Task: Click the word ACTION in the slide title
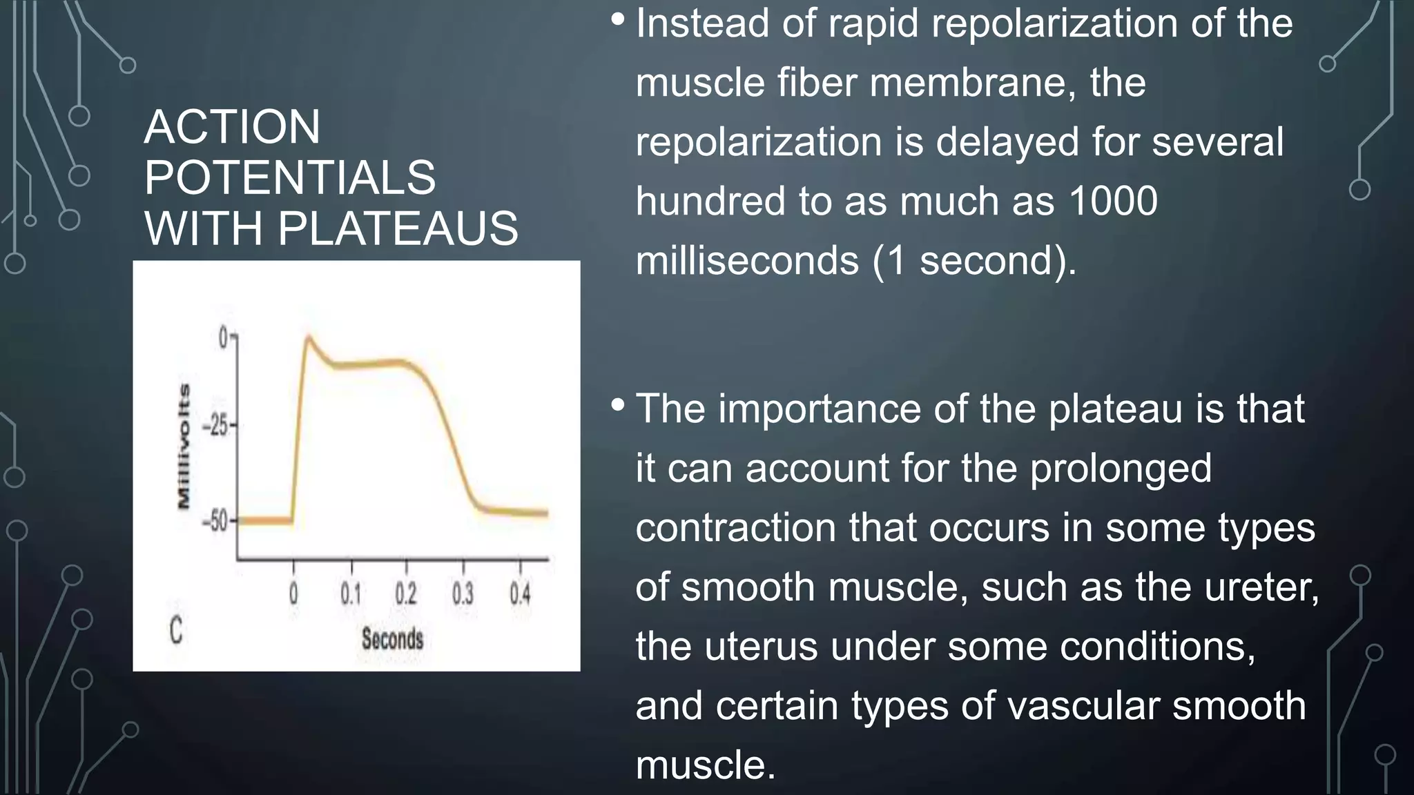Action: tap(232, 128)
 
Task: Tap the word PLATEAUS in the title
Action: tap(398, 228)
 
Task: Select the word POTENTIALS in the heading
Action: tap(290, 178)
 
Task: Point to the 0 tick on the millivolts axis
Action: tap(223, 338)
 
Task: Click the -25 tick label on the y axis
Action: tap(215, 426)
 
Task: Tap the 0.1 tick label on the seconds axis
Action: tap(351, 593)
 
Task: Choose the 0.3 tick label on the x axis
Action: tap(463, 593)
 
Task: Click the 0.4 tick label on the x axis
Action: tap(520, 593)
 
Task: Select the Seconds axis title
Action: tap(392, 639)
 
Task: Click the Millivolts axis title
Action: tap(184, 446)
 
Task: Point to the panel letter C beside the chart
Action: tap(176, 631)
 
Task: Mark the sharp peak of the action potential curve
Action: tap(308, 337)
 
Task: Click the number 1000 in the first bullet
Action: tap(1112, 202)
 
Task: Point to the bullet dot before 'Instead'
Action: tap(618, 19)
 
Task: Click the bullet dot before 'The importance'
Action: tap(618, 405)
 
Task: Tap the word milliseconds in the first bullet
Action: tap(747, 261)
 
